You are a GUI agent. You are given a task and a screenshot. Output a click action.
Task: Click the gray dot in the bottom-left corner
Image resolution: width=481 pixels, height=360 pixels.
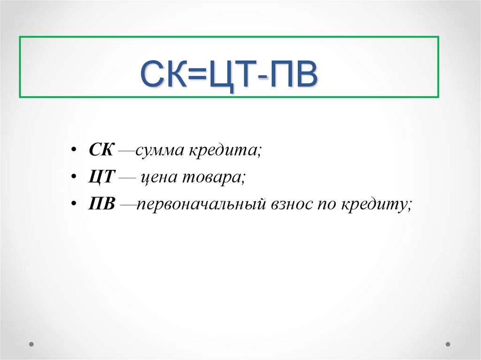[x=31, y=344]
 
